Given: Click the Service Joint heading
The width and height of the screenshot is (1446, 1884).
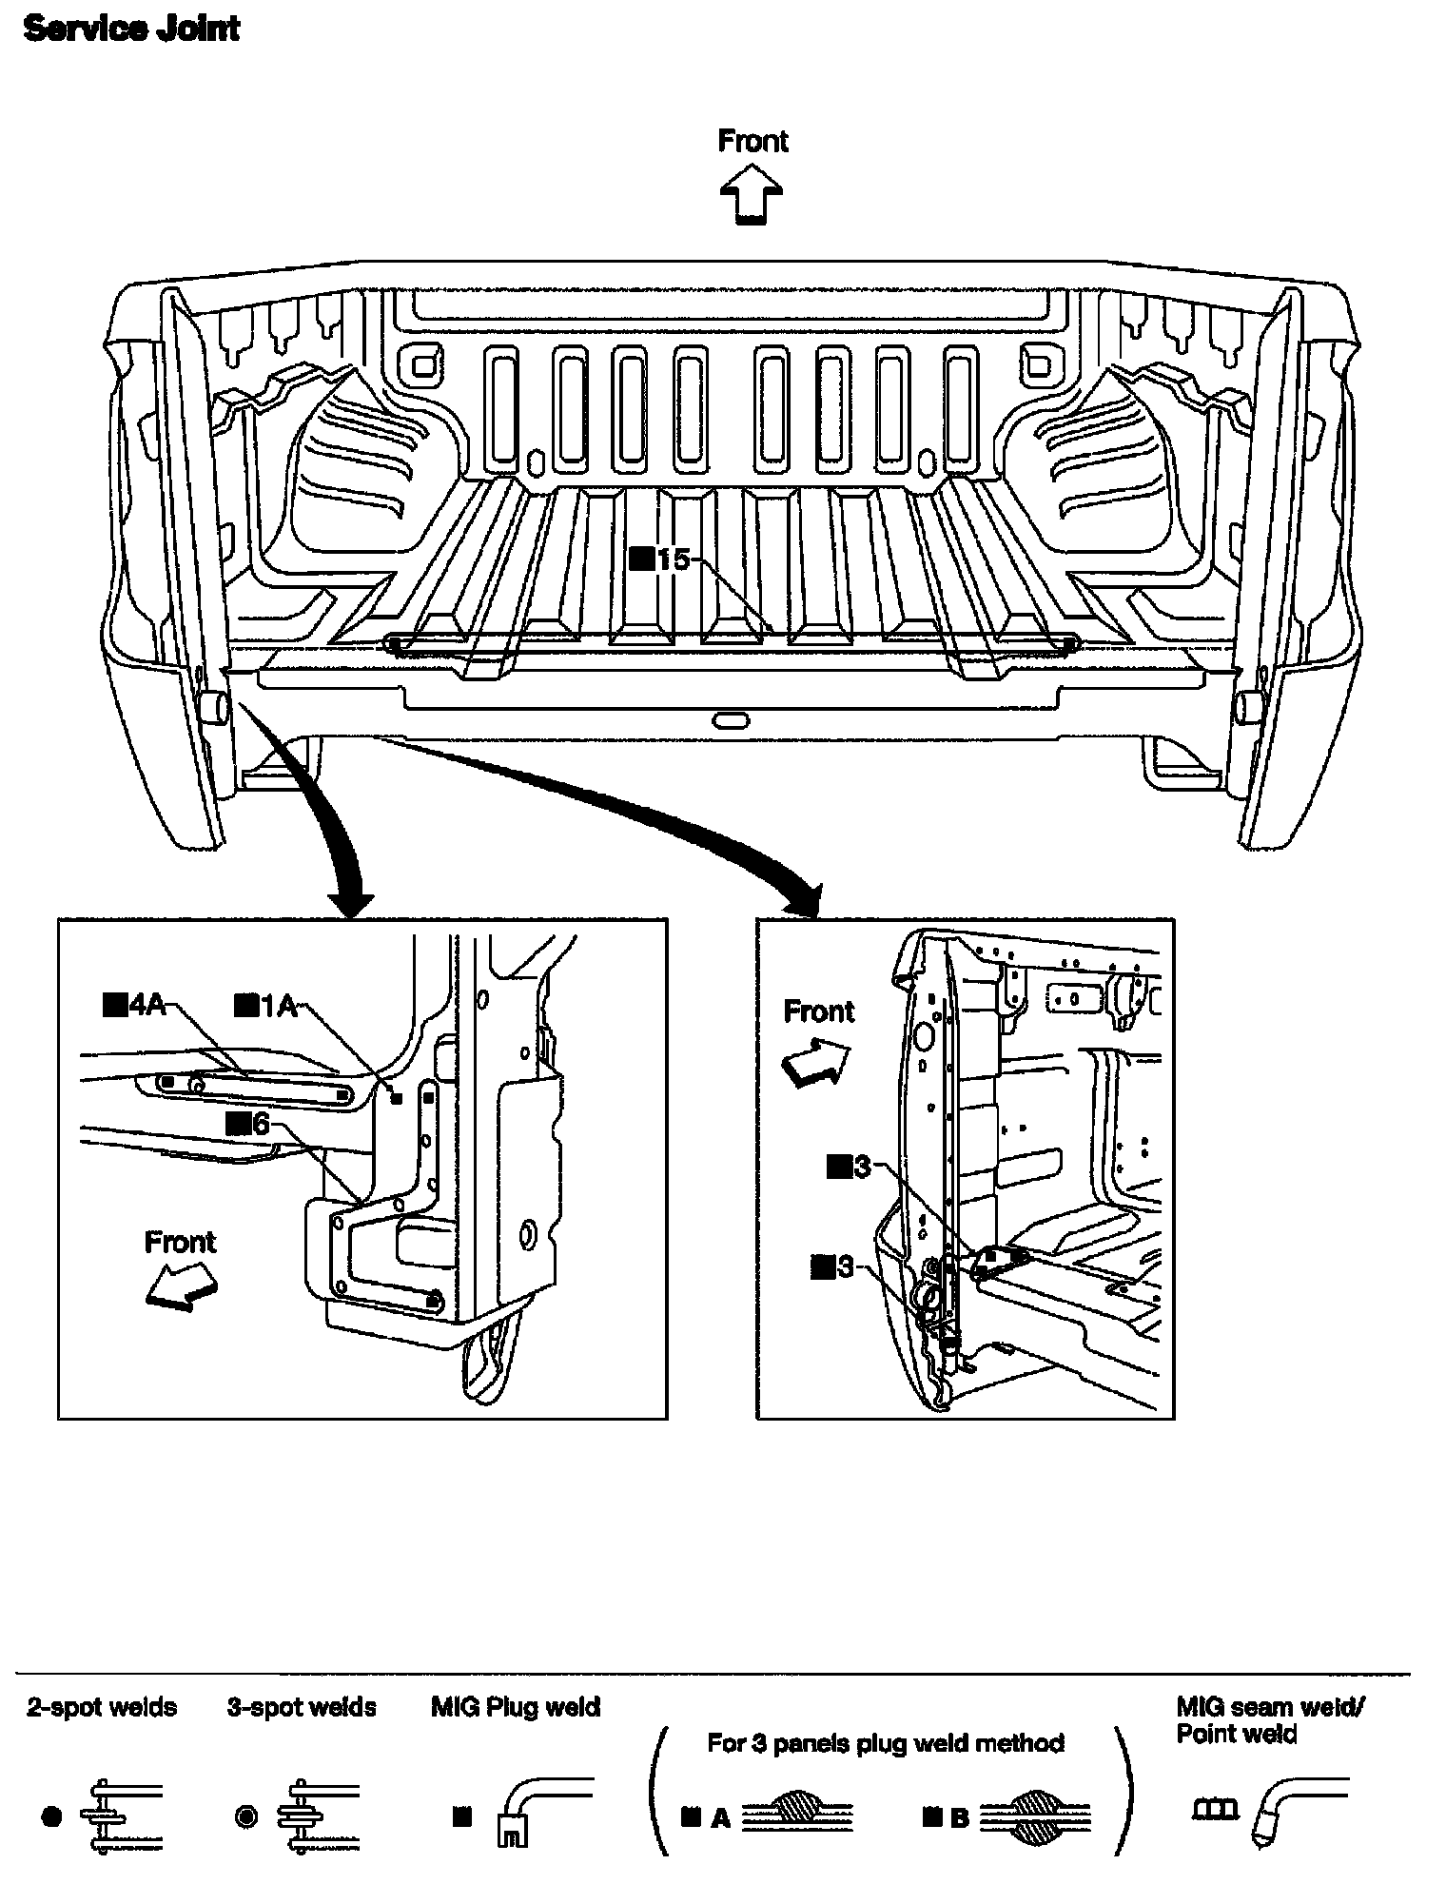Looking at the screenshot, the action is [x=131, y=29].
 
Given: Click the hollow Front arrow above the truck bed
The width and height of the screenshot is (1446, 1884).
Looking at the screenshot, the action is [x=752, y=193].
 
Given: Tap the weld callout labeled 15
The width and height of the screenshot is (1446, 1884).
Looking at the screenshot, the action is [x=660, y=559].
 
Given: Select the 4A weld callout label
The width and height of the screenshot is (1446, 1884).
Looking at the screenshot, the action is [x=134, y=1005].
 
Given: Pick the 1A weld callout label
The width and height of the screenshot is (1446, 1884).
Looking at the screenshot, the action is [x=266, y=1005].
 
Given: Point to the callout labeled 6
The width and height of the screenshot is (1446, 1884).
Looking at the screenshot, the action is [x=248, y=1125].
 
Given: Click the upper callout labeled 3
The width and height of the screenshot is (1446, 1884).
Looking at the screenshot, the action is [x=850, y=1166].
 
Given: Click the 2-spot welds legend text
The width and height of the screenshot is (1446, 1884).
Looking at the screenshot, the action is [x=102, y=1707].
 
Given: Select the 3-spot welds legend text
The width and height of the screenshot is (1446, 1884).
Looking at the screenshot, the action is [x=302, y=1707].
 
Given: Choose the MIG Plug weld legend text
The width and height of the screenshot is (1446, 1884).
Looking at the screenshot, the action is [x=516, y=1707].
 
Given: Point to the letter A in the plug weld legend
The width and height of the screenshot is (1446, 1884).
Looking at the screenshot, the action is [x=721, y=1818].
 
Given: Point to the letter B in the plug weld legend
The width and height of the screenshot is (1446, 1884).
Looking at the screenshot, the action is [x=960, y=1818].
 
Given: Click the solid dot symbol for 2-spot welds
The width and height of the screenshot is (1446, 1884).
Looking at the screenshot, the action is [x=52, y=1816].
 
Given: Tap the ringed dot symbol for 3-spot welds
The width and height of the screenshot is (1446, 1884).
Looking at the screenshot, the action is [x=245, y=1816].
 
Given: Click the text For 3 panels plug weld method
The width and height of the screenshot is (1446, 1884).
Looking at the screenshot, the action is [x=886, y=1743].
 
